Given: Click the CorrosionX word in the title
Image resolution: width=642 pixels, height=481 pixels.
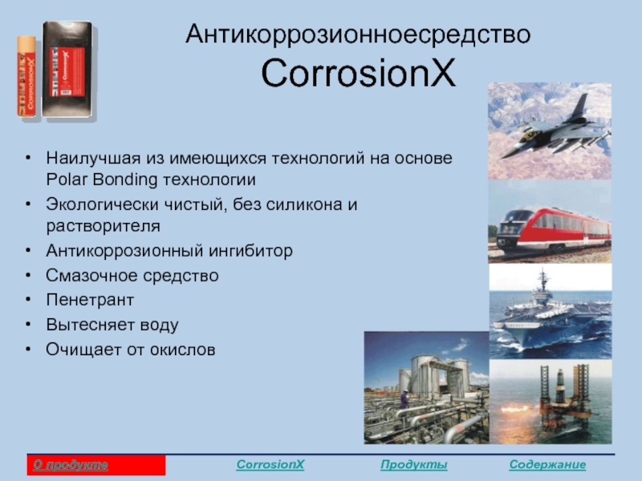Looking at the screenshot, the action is pyautogui.click(x=358, y=73).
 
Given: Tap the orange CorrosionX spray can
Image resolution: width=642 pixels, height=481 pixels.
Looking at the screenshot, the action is pyautogui.click(x=26, y=76).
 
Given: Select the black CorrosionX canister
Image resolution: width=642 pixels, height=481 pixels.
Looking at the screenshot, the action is pyautogui.click(x=67, y=70).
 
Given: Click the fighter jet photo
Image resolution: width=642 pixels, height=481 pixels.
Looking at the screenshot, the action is pyautogui.click(x=550, y=131).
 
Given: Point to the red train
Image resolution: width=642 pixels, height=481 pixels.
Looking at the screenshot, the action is pyautogui.click(x=554, y=229).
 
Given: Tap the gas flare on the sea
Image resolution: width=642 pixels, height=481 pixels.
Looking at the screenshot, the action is pyautogui.click(x=515, y=409).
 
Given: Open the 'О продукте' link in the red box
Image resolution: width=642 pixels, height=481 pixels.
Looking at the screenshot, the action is pyautogui.click(x=71, y=465).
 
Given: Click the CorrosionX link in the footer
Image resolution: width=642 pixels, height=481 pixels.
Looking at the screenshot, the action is pyautogui.click(x=270, y=465).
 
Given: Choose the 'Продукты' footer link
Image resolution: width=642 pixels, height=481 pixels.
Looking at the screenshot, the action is pyautogui.click(x=413, y=465).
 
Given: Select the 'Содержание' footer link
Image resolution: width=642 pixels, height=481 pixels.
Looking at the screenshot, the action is pyautogui.click(x=547, y=465).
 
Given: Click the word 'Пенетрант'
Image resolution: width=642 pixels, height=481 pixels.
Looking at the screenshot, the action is pyautogui.click(x=90, y=300).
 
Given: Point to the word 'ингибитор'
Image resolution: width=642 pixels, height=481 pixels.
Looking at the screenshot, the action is pyautogui.click(x=250, y=251).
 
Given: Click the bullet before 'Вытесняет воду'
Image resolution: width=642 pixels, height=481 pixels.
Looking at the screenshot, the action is pyautogui.click(x=28, y=325).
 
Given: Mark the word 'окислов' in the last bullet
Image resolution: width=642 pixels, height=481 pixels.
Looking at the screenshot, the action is pyautogui.click(x=182, y=350).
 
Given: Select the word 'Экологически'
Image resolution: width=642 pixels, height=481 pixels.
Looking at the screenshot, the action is pyautogui.click(x=102, y=204).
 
